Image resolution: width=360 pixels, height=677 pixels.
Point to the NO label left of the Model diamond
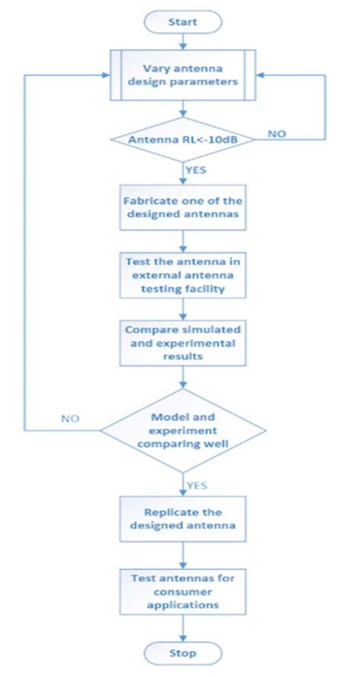(70, 418)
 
